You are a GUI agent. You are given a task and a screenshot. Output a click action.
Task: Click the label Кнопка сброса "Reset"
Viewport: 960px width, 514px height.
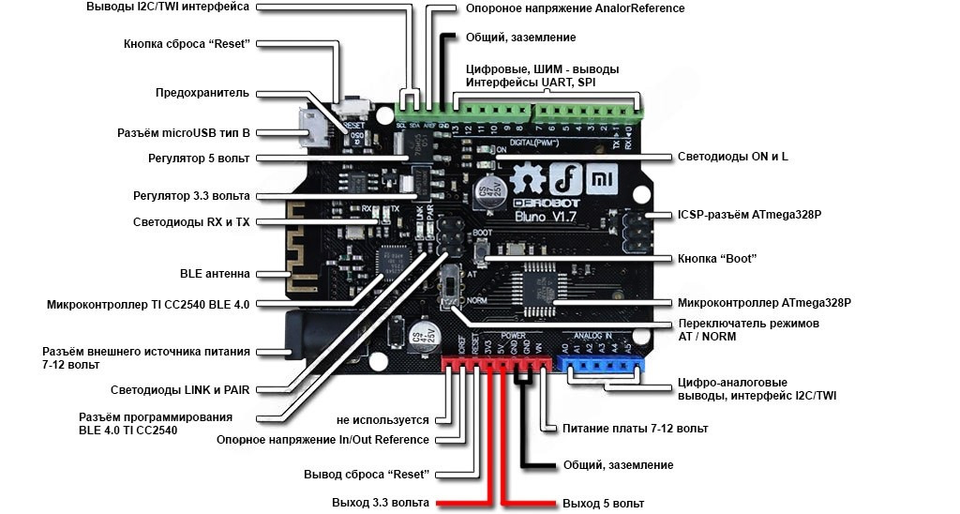[x=187, y=44]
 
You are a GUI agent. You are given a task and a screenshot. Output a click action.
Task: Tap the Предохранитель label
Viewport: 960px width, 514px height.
[x=202, y=93]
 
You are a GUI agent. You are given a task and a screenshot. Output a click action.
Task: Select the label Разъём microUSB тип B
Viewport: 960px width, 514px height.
[x=183, y=133]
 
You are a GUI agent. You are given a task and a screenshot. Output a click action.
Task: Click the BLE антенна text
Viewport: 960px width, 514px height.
[x=215, y=274]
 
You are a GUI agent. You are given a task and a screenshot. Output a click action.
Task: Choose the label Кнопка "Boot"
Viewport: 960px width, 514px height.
[x=716, y=258]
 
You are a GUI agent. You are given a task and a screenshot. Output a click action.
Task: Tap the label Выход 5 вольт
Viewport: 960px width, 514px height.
[x=604, y=504]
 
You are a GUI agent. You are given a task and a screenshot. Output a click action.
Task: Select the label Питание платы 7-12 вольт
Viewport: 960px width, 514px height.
[x=635, y=428]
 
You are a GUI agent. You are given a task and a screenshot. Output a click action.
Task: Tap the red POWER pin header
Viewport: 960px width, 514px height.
[x=494, y=364]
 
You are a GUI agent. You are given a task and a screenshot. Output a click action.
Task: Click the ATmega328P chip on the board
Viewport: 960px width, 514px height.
[x=542, y=284]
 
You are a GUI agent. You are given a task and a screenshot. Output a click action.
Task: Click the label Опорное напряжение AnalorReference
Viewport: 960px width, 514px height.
[x=575, y=8]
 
